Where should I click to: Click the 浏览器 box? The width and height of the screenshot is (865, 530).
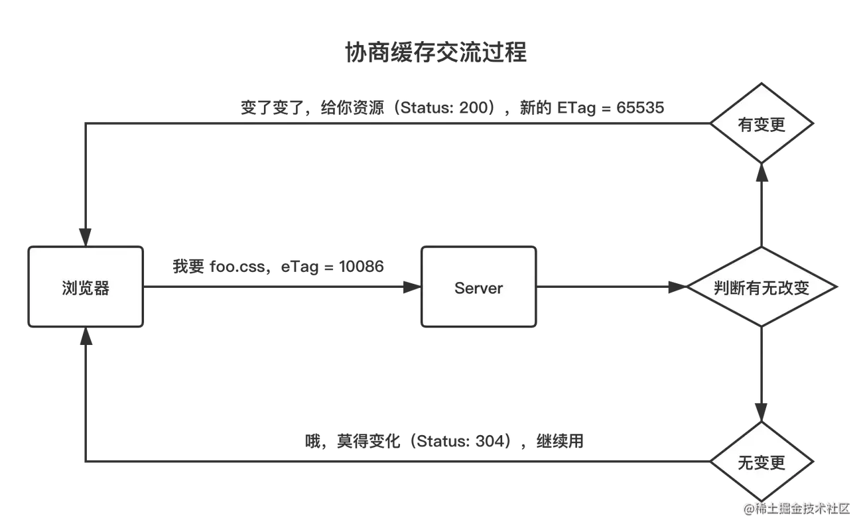pos(86,287)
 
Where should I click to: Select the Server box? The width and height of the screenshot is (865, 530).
pos(478,287)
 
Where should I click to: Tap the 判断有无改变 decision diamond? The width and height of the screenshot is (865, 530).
pos(762,287)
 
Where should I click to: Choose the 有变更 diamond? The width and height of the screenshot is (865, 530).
pos(762,124)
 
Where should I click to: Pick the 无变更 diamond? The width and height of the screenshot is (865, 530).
pos(762,462)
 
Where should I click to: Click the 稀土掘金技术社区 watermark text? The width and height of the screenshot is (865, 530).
pos(802,508)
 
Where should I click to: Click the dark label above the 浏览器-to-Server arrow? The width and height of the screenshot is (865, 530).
pos(279,267)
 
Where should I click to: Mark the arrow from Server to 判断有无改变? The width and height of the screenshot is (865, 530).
pos(610,288)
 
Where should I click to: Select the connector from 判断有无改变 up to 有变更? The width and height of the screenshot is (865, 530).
pos(762,209)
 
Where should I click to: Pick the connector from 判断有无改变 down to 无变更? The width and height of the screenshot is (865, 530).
pos(762,371)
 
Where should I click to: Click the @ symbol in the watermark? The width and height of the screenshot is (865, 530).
pos(748,509)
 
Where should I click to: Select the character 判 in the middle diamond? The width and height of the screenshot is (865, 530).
pos(722,288)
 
